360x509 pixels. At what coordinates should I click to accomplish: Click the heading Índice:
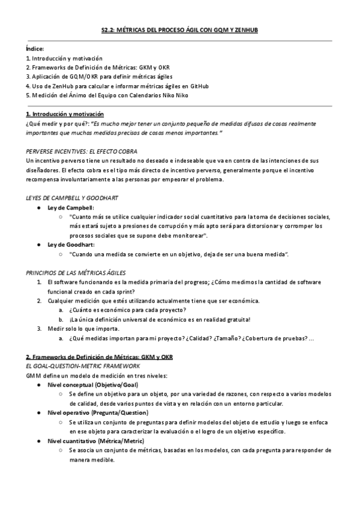(x=35, y=49)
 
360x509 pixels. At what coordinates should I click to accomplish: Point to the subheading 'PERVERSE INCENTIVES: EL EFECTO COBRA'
(x=82, y=151)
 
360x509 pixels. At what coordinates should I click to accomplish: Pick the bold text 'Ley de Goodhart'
(x=71, y=245)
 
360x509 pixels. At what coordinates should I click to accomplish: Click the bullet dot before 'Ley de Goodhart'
(x=39, y=245)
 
